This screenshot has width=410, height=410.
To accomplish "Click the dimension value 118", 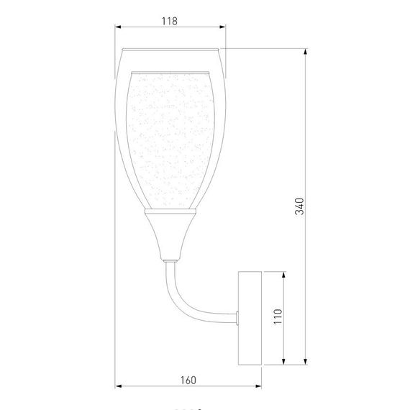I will point(170,22).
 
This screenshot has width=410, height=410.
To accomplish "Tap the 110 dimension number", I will point(278,316).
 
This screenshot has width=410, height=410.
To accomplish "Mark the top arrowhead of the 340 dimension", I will point(308,53).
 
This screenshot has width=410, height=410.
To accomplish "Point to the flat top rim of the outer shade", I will point(170,50).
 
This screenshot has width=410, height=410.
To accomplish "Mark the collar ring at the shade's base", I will point(170,212).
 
